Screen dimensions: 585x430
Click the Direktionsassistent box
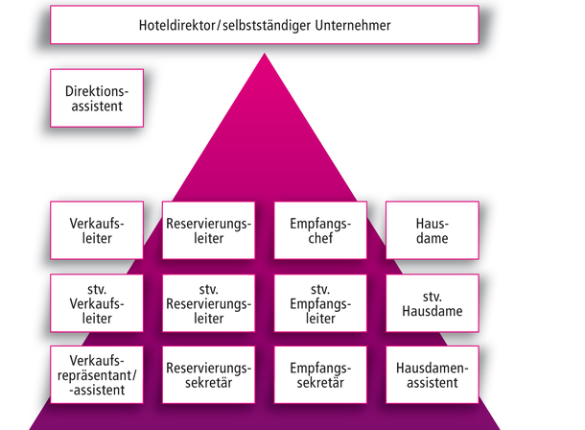tap(97, 98)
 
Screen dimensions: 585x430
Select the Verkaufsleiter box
tap(97, 230)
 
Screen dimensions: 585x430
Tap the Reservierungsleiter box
tap(208, 230)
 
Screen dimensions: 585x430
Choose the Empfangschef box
tap(320, 230)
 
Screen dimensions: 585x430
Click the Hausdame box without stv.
tap(433, 230)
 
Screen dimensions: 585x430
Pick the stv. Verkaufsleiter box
tap(97, 303)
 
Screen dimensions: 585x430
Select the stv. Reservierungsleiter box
tap(208, 303)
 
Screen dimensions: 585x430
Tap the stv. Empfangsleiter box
tap(320, 303)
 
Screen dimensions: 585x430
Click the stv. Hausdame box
tap(433, 303)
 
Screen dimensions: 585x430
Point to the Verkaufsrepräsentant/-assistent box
tap(97, 374)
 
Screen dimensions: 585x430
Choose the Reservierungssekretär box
tap(208, 374)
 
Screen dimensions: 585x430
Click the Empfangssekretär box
tap(320, 374)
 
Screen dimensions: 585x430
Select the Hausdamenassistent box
tap(433, 374)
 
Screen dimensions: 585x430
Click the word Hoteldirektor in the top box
tap(177, 25)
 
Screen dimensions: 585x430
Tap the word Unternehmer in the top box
tap(353, 25)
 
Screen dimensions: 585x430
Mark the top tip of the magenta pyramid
tap(265, 54)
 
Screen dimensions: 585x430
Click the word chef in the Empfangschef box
tap(320, 238)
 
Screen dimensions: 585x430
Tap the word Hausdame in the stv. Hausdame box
tap(433, 311)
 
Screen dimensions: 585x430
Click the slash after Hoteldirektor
tap(219, 26)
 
